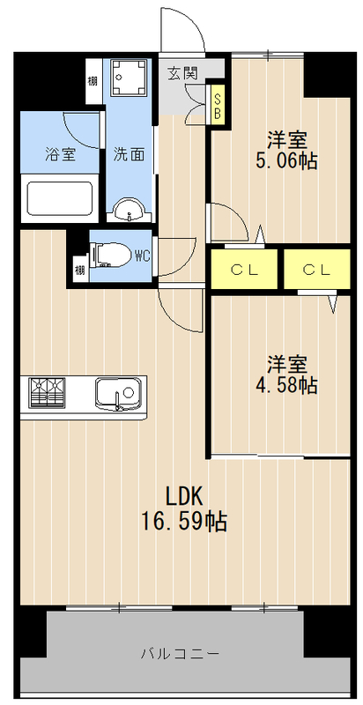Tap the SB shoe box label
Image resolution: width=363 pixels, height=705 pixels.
click(x=217, y=104)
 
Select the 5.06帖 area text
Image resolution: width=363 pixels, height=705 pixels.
click(x=287, y=150)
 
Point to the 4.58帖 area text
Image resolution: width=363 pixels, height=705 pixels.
click(x=287, y=375)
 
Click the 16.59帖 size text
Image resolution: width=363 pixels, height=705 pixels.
click(x=185, y=522)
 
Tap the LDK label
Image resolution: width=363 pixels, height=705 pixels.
click(x=186, y=494)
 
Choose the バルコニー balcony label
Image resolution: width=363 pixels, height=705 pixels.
click(x=180, y=654)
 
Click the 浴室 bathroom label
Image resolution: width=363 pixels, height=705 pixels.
click(x=61, y=152)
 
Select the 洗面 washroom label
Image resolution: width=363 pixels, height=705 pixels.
click(x=129, y=152)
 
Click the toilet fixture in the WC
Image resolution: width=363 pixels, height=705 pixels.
click(x=109, y=256)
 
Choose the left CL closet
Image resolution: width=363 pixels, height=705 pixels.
click(x=244, y=270)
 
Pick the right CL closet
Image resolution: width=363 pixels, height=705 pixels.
click(x=316, y=270)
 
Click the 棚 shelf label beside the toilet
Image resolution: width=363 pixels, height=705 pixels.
click(x=79, y=270)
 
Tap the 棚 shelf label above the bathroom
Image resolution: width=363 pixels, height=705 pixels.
click(x=92, y=84)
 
